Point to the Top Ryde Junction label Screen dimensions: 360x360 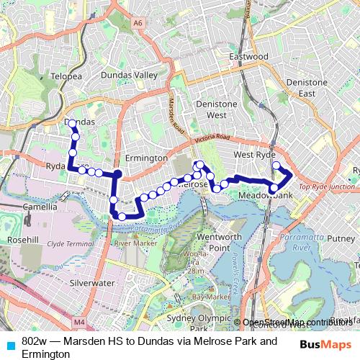pos(327,186)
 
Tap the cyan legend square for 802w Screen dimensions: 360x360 pos(9,341)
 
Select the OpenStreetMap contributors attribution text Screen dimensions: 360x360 pos(301,322)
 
